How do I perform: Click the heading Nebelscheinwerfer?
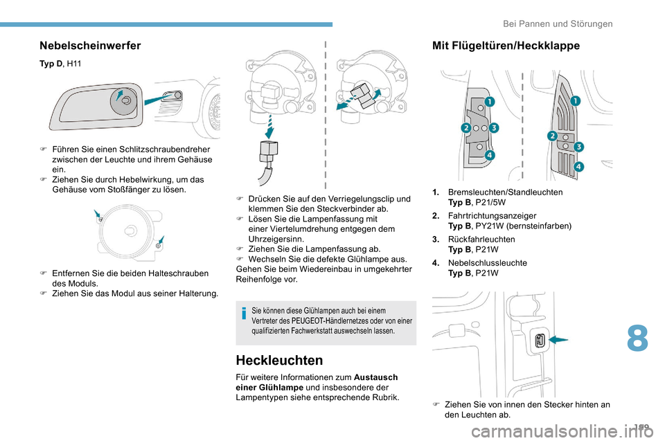[x=90, y=46]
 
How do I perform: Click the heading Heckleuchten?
[x=279, y=361]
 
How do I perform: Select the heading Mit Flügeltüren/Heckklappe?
[x=506, y=46]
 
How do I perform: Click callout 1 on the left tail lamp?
[x=489, y=102]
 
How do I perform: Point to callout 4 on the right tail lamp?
[x=578, y=167]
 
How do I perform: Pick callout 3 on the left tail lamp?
[x=494, y=129]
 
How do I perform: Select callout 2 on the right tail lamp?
[x=552, y=135]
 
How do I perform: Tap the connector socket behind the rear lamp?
[x=540, y=340]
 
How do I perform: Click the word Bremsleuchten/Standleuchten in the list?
[x=505, y=192]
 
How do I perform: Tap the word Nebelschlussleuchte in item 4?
[x=487, y=263]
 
